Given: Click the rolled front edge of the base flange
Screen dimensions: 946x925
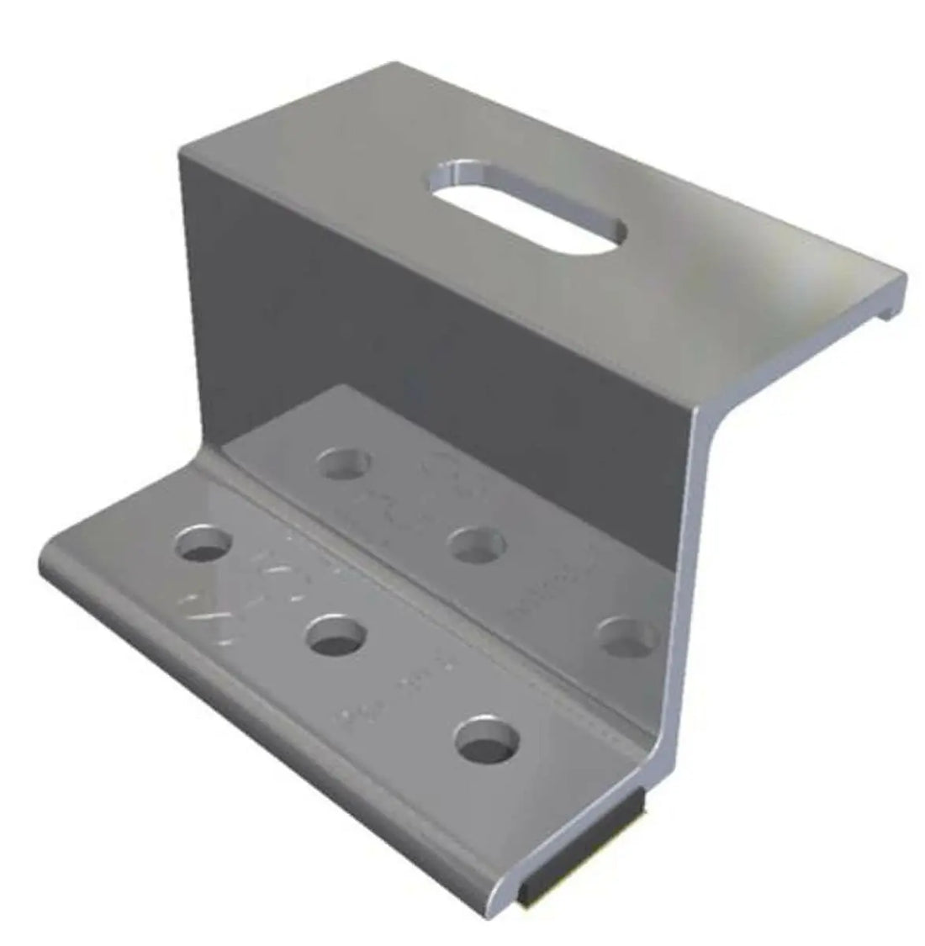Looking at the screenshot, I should (x=277, y=715).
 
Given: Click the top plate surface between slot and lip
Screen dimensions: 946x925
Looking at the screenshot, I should (x=757, y=277).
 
